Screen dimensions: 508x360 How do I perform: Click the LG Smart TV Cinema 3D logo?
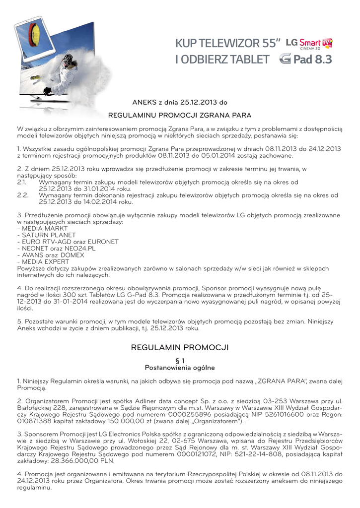click(314, 43)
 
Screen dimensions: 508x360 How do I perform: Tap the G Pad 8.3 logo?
click(305, 60)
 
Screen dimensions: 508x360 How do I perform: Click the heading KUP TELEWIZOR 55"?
click(228, 44)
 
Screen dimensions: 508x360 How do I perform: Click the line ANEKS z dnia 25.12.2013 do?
click(179, 103)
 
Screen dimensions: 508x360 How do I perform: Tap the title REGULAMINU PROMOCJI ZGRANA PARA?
click(180, 115)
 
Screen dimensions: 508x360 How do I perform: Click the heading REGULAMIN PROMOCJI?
click(180, 347)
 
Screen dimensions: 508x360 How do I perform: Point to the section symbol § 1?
click(180, 361)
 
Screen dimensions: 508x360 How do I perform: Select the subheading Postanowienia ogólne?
click(180, 368)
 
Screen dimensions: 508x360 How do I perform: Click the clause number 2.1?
click(22, 183)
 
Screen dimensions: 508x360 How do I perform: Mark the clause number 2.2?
click(22, 195)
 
